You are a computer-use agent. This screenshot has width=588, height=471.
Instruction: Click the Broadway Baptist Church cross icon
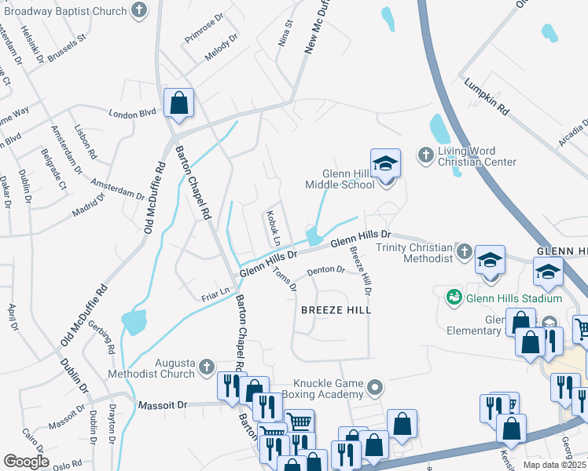click(x=139, y=11)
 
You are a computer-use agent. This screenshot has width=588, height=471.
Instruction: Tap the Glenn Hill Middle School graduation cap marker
click(x=386, y=164)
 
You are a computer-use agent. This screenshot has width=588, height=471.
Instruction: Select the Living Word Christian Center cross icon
click(x=425, y=152)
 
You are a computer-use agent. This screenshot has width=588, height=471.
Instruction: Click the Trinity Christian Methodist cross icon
click(x=464, y=251)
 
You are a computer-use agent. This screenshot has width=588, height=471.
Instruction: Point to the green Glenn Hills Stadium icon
click(x=454, y=298)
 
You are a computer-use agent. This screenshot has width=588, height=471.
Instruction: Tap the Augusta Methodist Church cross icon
click(x=206, y=366)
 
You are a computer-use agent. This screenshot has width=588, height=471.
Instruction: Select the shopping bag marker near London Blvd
click(x=179, y=103)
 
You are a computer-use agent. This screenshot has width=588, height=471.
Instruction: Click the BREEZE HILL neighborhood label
click(x=336, y=310)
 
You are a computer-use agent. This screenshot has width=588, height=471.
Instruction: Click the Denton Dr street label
click(x=325, y=270)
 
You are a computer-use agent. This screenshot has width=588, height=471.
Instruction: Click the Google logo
click(x=26, y=462)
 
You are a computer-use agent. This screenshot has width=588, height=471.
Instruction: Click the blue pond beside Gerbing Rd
click(x=134, y=321)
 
